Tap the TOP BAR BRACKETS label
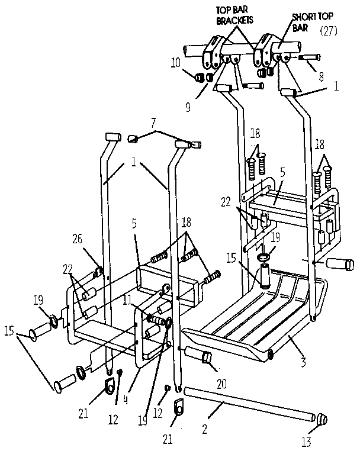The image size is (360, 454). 235,14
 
